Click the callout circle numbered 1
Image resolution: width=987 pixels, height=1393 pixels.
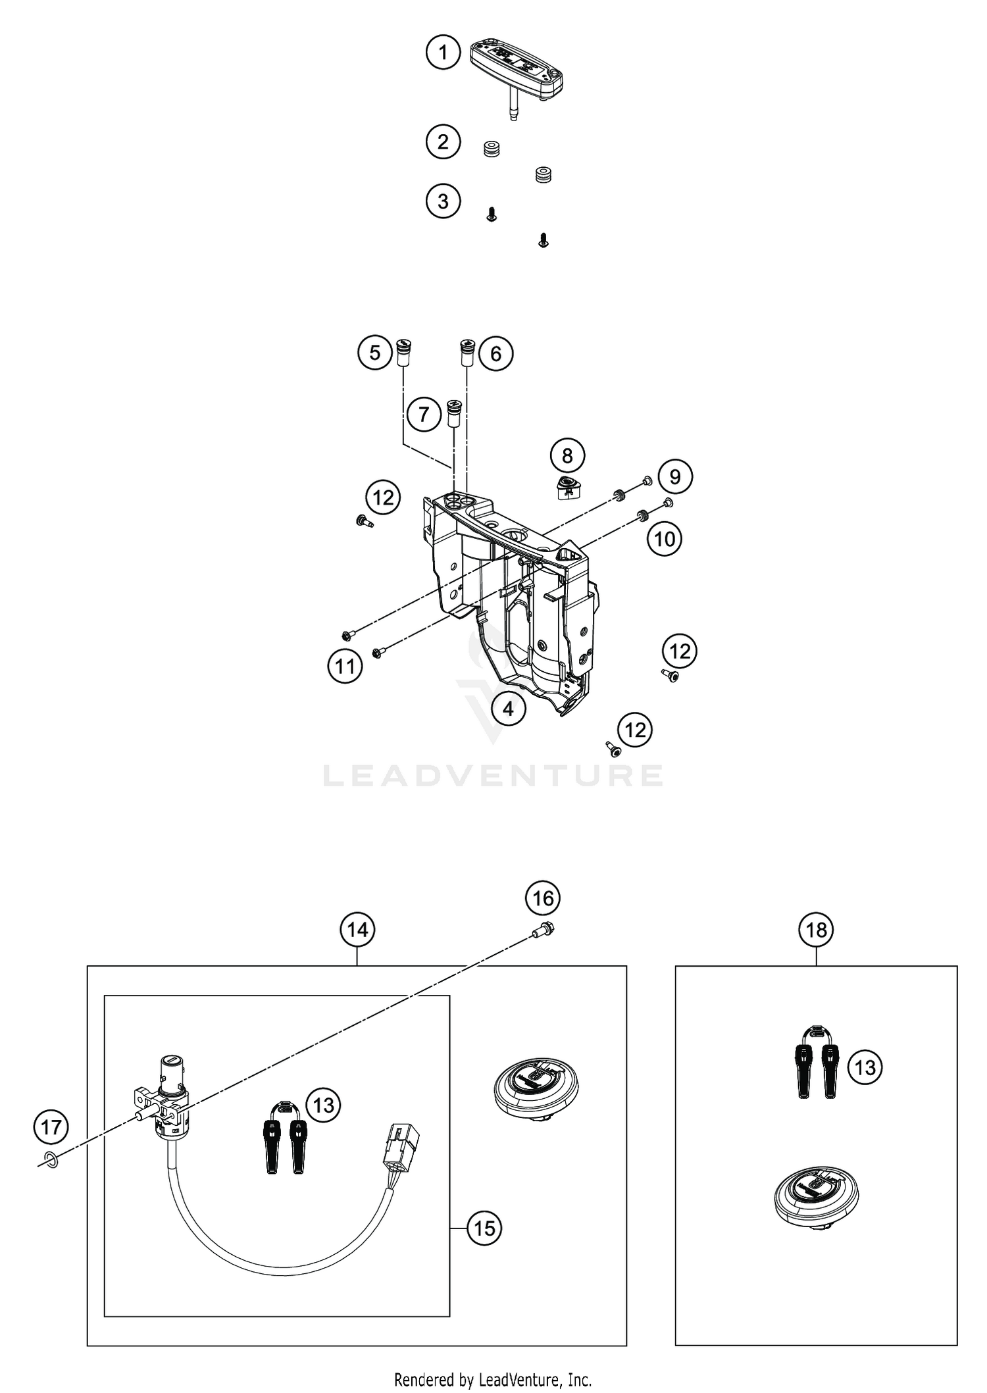click(443, 52)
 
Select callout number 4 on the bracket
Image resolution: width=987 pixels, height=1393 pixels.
click(507, 709)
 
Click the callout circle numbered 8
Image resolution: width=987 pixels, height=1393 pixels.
click(567, 455)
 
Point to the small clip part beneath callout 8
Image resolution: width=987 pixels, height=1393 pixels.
click(567, 489)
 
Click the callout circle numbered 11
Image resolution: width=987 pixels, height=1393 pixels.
click(345, 667)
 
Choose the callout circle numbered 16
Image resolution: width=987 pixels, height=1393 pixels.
click(543, 898)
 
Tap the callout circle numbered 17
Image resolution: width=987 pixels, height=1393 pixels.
click(51, 1127)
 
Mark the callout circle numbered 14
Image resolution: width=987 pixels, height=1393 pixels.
click(357, 930)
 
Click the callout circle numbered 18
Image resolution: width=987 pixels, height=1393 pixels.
click(816, 930)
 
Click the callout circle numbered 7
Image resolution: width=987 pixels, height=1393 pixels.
click(424, 414)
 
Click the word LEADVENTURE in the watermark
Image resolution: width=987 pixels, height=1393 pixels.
click(493, 775)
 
